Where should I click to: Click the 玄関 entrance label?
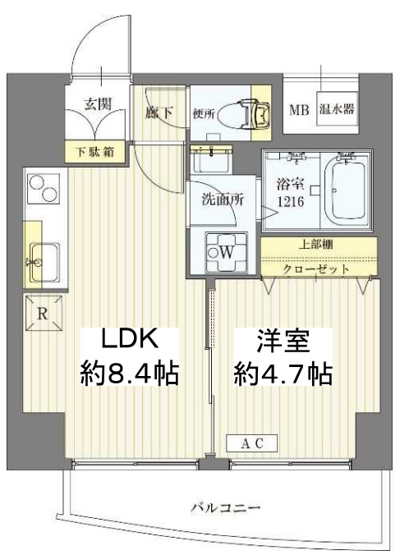click(98, 106)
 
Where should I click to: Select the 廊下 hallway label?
click(159, 112)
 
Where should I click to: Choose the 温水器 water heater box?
click(336, 109)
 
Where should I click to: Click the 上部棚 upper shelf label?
click(320, 244)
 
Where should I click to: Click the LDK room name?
click(128, 339)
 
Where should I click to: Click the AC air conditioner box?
click(252, 444)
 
